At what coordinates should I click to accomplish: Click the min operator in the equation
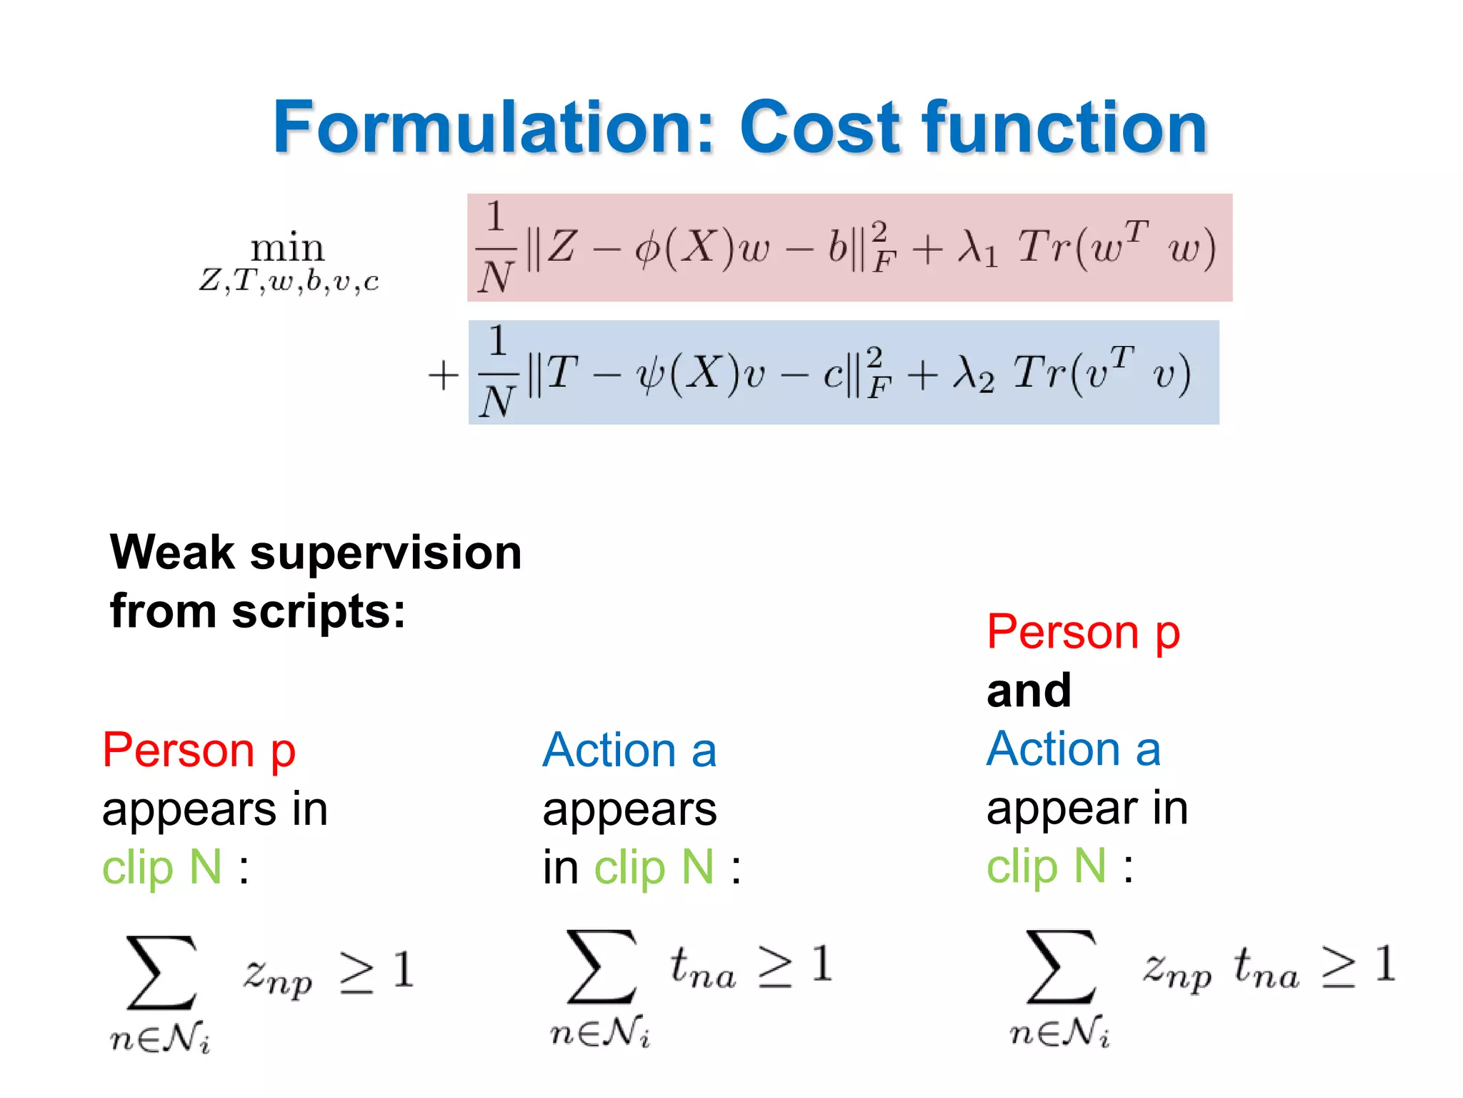(x=287, y=248)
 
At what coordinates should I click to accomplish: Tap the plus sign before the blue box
(x=443, y=375)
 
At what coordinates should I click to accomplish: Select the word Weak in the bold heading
(x=171, y=553)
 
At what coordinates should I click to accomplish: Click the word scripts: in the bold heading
(x=319, y=612)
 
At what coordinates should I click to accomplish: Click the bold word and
(x=1029, y=691)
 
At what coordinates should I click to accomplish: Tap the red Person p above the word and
(x=1083, y=632)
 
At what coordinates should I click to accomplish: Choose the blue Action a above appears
(x=629, y=750)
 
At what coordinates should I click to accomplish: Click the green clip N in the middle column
(x=654, y=867)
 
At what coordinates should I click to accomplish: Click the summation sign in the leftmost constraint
(x=161, y=972)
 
